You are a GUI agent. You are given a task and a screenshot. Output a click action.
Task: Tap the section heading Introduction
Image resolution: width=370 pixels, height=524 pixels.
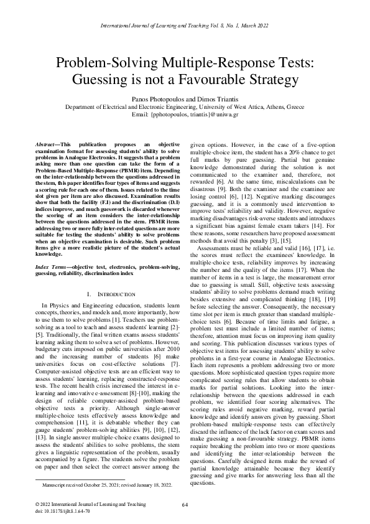tap(117, 293)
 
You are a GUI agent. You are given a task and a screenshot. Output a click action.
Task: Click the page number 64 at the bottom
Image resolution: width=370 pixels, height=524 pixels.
tap(185, 505)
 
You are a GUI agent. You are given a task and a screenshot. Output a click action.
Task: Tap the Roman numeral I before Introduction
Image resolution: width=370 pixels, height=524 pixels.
tap(91, 293)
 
